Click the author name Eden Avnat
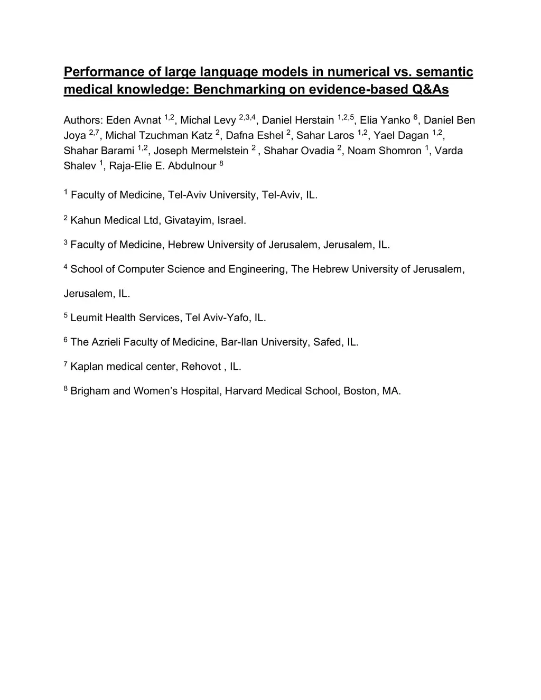[x=134, y=120]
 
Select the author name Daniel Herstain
[x=298, y=120]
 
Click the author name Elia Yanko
[x=385, y=120]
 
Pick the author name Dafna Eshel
[x=255, y=136]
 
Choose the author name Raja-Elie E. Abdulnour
[x=162, y=166]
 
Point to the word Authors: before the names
[x=83, y=120]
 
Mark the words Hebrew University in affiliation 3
[x=244, y=245]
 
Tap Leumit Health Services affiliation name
[x=125, y=318]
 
